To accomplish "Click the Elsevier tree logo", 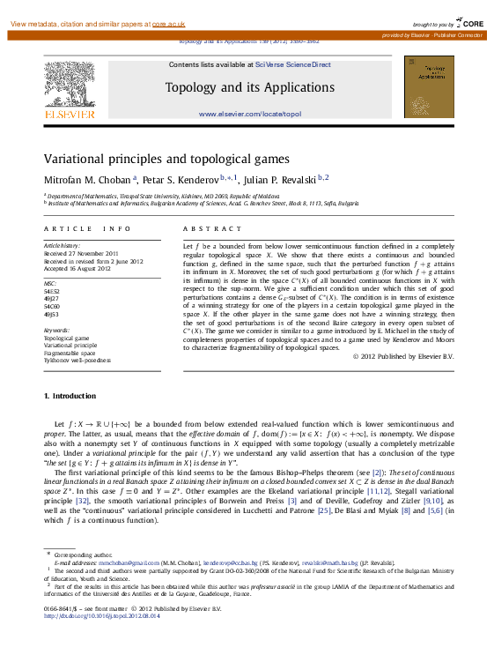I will click(x=70, y=85).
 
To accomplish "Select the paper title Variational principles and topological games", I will click(x=166, y=159).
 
